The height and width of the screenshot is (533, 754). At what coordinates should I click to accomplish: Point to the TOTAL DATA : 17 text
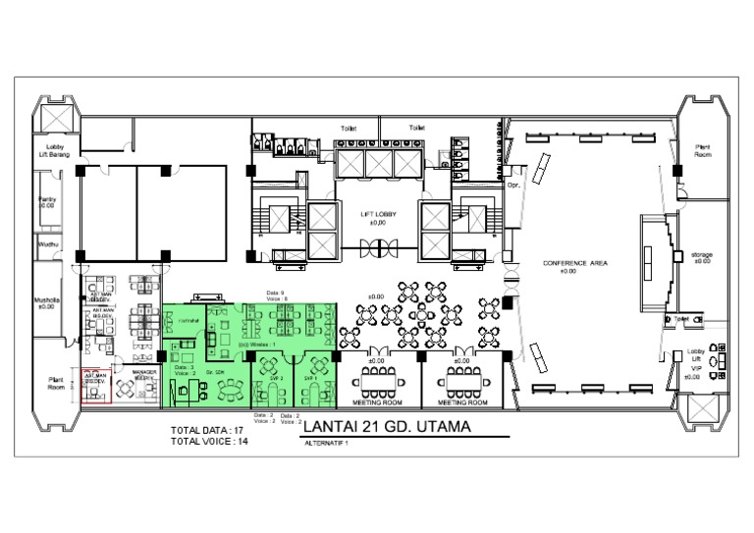click(207, 431)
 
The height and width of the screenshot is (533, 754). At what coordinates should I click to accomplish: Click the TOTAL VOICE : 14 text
click(208, 442)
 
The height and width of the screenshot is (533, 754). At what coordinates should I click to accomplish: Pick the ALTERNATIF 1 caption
click(327, 444)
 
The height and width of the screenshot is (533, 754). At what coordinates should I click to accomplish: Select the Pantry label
click(47, 199)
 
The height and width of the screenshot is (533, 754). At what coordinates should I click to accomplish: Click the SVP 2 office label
click(276, 378)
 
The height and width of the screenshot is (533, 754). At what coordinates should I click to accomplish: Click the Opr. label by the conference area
click(512, 185)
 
